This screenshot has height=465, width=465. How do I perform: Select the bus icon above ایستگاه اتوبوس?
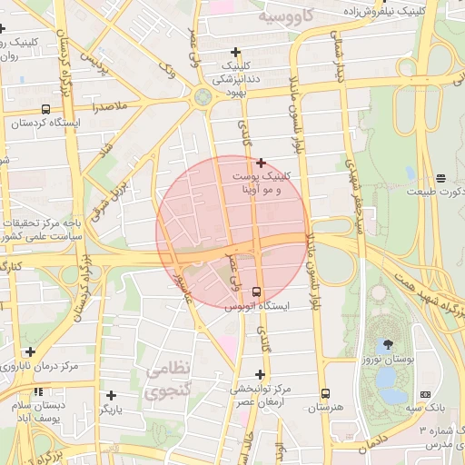tap(256, 292)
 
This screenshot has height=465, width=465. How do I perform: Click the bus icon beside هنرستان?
tap(325, 393)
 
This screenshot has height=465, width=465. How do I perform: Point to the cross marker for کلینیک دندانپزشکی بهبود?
tap(237, 52)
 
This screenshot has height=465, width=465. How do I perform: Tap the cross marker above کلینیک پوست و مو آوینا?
tap(261, 163)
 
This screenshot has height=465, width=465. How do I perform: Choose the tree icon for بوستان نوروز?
tap(390, 344)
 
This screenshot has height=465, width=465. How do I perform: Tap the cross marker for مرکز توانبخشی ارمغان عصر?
tap(261, 374)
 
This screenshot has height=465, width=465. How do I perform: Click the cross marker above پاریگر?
tap(111, 395)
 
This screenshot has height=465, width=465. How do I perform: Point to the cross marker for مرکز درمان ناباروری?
tap(31, 351)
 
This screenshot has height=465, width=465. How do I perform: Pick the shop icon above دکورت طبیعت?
tap(440, 177)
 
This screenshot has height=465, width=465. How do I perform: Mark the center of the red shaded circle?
tap(232, 232)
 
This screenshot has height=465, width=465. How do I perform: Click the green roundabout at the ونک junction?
tap(202, 94)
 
